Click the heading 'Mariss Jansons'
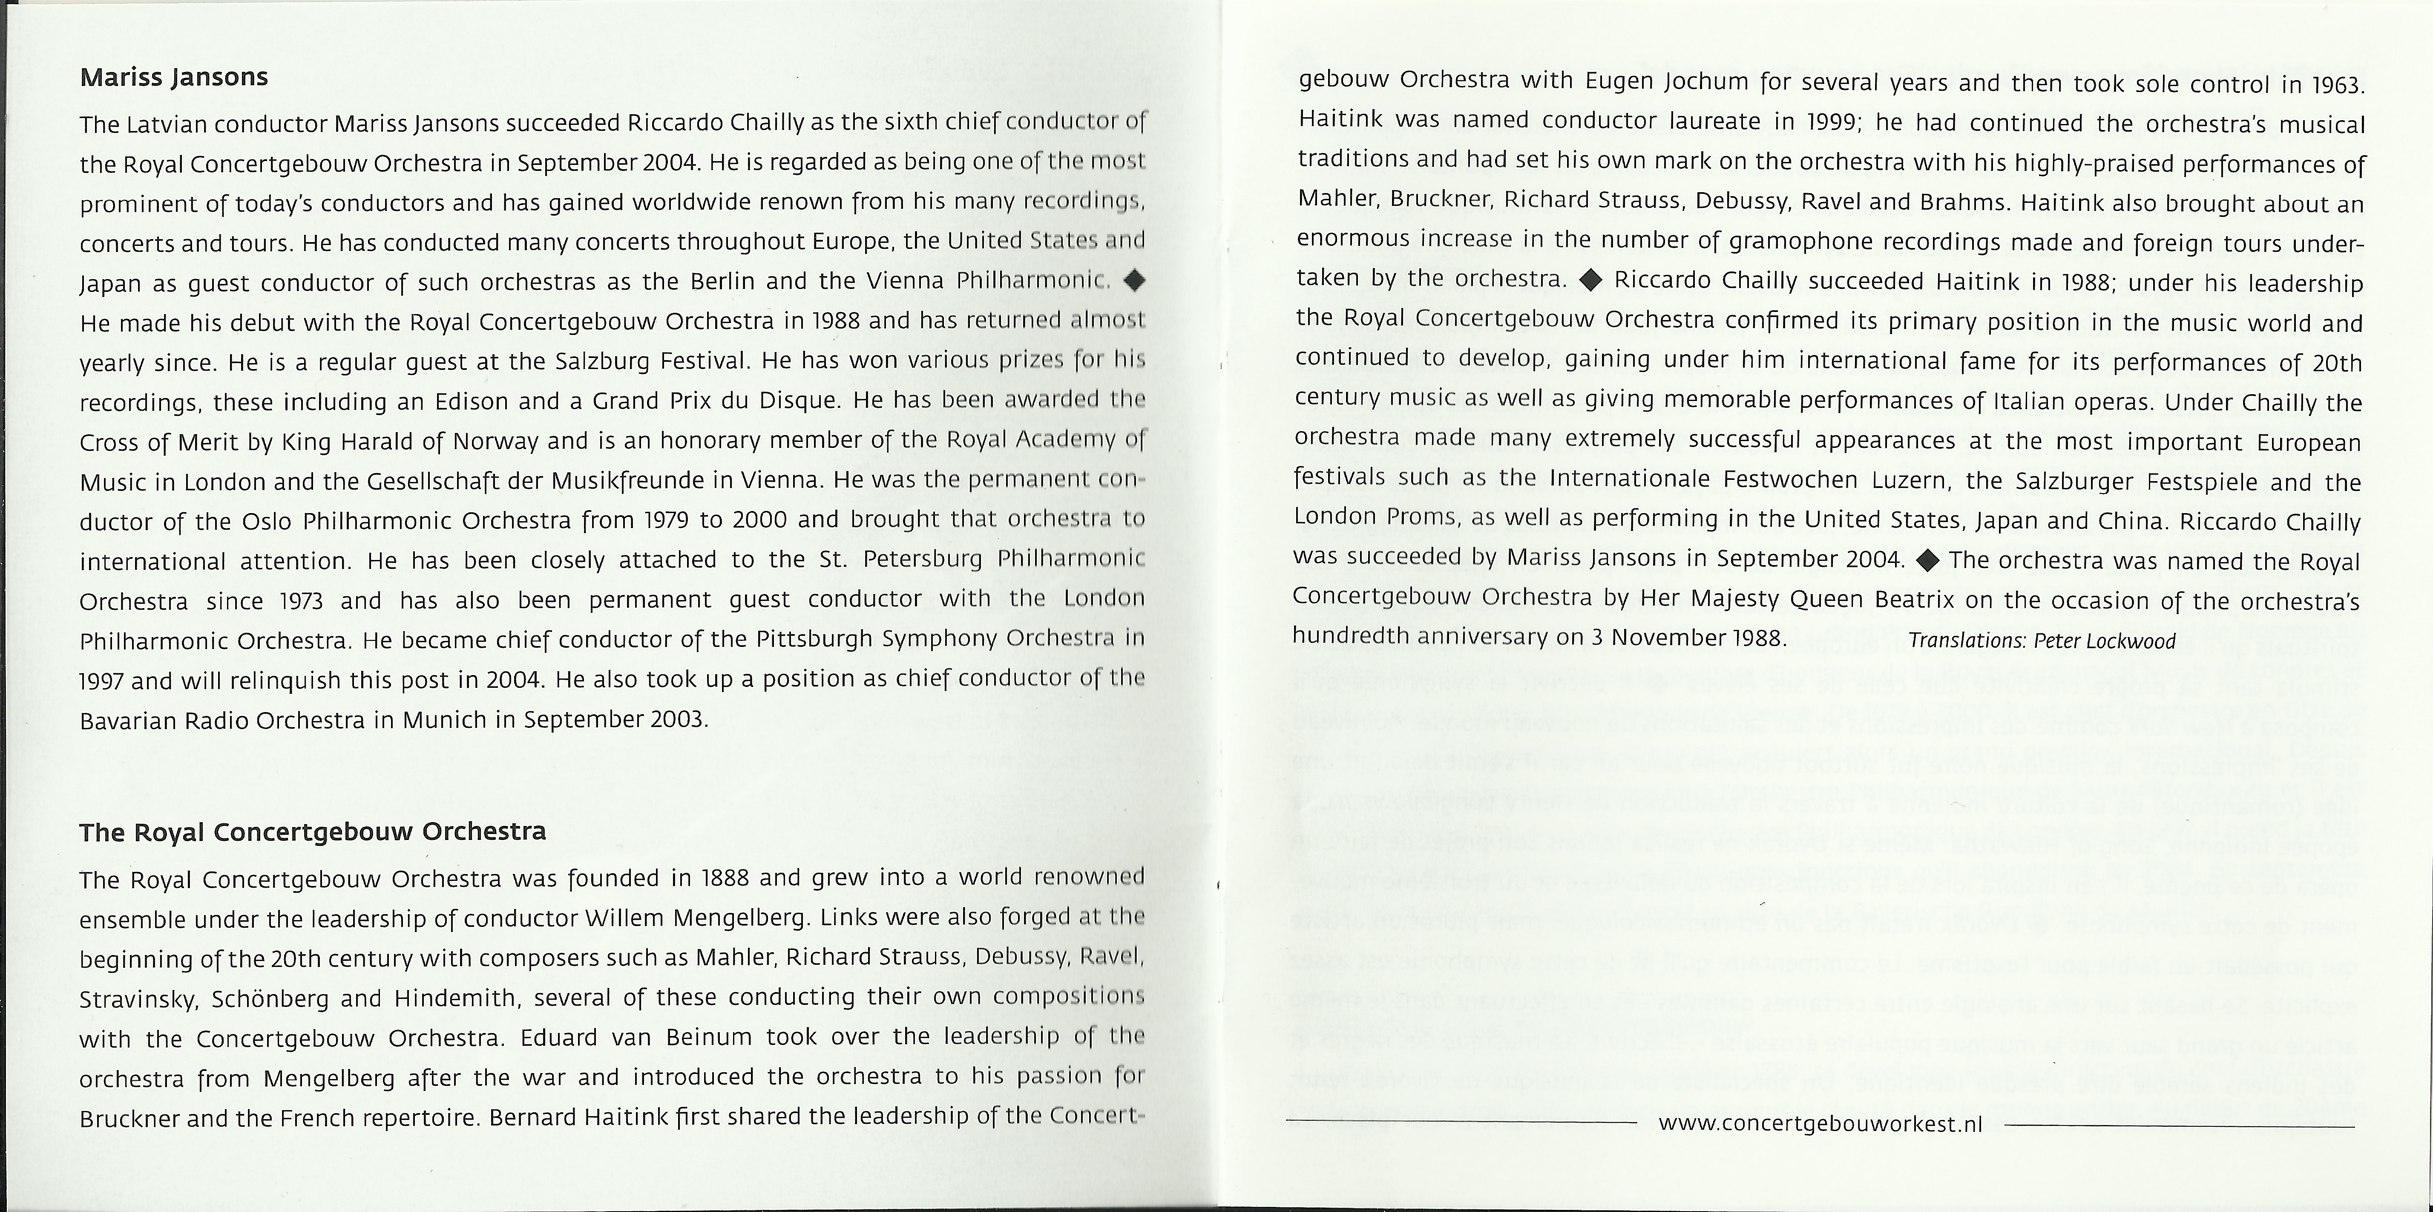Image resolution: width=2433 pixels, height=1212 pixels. pos(174,78)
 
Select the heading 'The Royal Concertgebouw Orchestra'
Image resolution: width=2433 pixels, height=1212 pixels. pos(313,832)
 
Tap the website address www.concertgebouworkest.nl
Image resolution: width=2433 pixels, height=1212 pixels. pos(1820,1124)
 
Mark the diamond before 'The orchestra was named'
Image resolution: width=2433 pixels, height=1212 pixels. pos(1928,560)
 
